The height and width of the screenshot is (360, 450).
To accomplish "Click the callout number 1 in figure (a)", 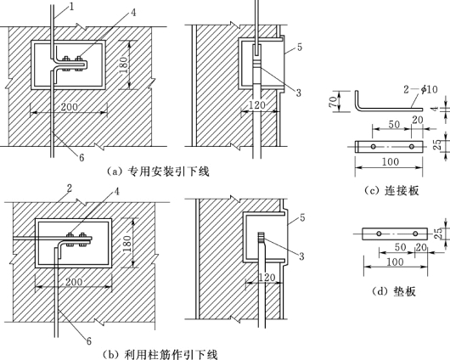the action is point(72,6).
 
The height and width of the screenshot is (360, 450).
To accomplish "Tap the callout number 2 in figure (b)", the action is point(69,188).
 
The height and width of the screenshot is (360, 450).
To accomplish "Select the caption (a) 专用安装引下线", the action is point(159,172).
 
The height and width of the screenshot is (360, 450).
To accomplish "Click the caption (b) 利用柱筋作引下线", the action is point(160,354).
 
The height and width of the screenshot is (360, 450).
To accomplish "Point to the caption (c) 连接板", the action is point(391,191).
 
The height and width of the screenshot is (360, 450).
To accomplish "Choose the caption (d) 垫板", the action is point(394,291).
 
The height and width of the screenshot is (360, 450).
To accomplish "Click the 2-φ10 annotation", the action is point(421,89).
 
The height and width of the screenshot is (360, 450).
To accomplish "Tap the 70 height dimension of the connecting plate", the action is point(333,102).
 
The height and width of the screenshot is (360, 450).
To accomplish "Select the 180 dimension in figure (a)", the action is point(123,65).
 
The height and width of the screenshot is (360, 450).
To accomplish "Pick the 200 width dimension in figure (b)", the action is point(74,282).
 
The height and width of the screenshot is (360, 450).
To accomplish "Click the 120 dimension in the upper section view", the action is point(257,105).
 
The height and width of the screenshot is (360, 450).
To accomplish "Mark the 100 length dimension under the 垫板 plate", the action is point(395,262).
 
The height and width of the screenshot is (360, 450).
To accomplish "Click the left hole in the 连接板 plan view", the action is point(373,147).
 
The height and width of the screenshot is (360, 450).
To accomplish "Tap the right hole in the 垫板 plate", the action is point(415,233).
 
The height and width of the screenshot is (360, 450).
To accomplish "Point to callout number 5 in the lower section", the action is point(302,218).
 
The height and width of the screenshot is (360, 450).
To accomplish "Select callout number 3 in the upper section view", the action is point(299,93).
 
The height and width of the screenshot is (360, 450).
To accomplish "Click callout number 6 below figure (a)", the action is point(82,158).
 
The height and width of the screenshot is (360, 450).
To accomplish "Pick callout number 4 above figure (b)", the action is point(117,192).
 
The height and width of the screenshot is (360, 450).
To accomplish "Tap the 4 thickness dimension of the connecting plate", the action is point(436,109).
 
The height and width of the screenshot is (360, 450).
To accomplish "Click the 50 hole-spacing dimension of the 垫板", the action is point(400,247).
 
